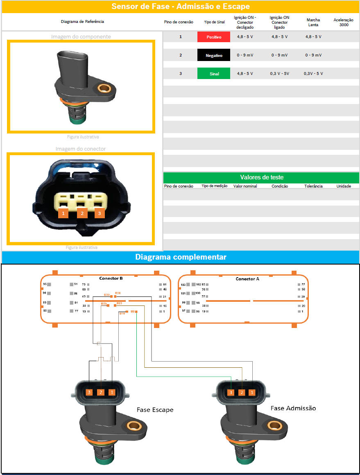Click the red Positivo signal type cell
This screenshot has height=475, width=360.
coord(213,37)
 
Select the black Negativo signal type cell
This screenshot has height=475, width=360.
coord(213,55)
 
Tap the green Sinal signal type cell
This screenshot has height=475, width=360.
coord(213,74)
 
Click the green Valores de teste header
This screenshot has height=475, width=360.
coord(261,177)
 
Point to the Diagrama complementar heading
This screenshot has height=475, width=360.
coord(181,257)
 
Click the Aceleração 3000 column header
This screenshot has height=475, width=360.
coord(343,22)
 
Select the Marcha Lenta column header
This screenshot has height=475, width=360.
coord(313,22)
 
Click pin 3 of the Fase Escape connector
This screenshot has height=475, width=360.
coord(89,392)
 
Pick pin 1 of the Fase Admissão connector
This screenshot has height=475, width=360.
coord(252,392)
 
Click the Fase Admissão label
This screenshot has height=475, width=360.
coord(293,408)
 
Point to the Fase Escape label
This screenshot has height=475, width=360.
coord(155,409)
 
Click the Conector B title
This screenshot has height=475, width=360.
coord(111,278)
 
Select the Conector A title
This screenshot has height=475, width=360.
coord(247,279)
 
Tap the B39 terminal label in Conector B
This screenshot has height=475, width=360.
coord(106,295)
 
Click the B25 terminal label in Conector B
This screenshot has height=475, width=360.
coord(104,304)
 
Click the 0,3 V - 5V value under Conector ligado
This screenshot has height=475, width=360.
coord(279,74)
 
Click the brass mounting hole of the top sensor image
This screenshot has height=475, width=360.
coord(104,88)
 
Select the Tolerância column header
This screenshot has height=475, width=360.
coord(314,186)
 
